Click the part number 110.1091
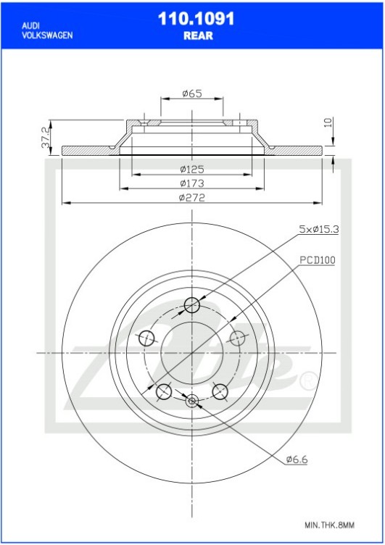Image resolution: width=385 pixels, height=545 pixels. (196, 20)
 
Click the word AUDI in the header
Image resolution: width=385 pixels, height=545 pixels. (30, 25)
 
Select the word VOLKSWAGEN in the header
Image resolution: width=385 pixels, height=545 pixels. (46, 35)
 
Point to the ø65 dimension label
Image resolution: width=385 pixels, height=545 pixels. (191, 93)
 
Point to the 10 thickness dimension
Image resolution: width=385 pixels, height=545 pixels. (328, 122)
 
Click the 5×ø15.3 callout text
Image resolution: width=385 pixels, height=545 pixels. (320, 229)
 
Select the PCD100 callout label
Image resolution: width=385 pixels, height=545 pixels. (317, 259)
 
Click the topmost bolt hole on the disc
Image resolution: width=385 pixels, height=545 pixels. (192, 304)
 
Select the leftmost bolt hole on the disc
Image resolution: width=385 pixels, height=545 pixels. (146, 338)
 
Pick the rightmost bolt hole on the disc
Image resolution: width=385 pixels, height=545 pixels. (238, 338)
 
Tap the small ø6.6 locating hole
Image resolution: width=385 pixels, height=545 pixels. (192, 399)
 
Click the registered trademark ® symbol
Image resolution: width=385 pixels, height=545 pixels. (307, 379)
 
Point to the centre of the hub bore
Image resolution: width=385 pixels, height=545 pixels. (192, 352)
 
